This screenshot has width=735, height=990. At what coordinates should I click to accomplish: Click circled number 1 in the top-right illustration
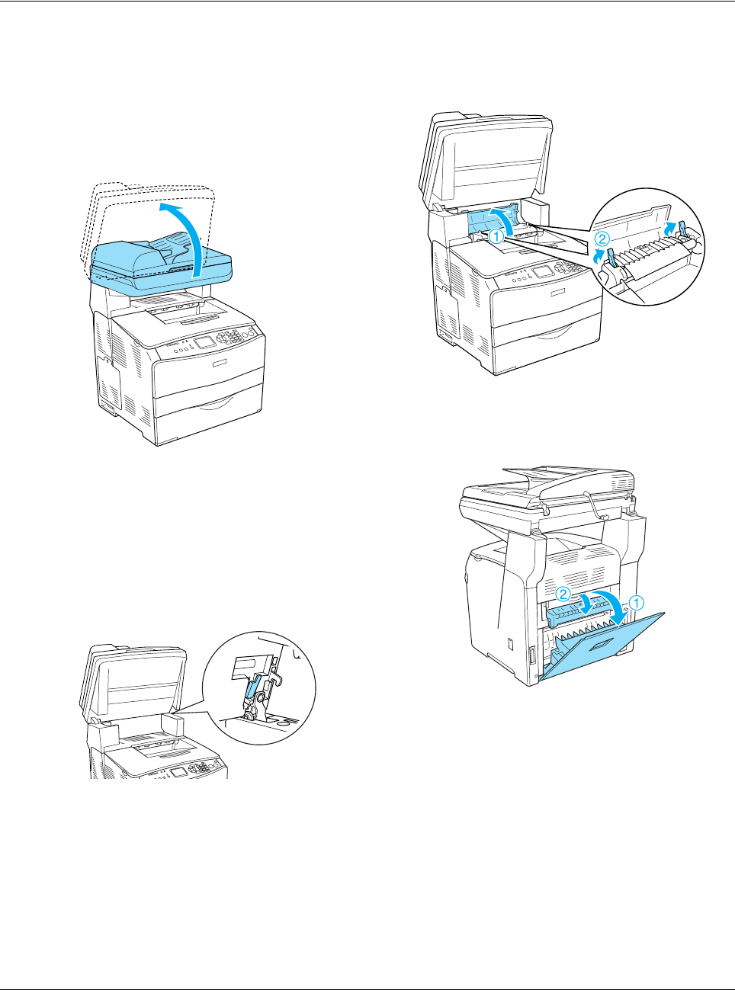pyautogui.click(x=496, y=236)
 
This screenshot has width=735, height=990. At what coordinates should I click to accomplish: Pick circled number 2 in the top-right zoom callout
pyautogui.click(x=602, y=240)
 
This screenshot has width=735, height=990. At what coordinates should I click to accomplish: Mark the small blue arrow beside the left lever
pyautogui.click(x=599, y=258)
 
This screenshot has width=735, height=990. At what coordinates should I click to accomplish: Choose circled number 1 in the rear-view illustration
pyautogui.click(x=637, y=604)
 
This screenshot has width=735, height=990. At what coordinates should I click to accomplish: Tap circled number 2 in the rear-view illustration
pyautogui.click(x=563, y=594)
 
